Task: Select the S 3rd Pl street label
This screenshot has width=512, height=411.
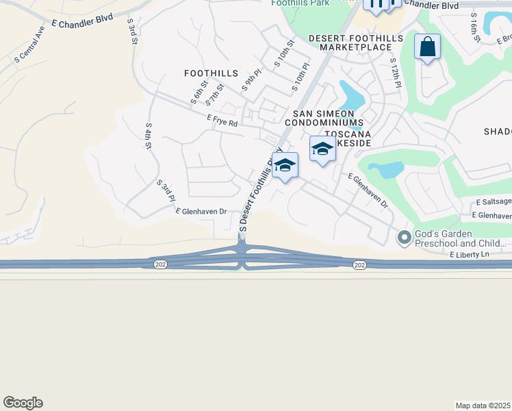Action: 166,190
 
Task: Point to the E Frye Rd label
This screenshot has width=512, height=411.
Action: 222,121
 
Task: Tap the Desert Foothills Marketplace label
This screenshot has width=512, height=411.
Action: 350,42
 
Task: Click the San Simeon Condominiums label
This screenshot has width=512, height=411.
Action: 328,118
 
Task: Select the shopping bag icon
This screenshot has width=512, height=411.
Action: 427,47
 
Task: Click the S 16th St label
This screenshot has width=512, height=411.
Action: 474,28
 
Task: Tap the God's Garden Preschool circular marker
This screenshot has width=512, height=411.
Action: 405,238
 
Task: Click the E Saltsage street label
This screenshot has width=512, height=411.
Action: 494,201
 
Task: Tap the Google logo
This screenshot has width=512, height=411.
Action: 23,403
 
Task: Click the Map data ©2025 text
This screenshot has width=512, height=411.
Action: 483,405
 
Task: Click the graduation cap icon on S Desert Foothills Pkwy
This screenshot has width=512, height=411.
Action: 285,165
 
